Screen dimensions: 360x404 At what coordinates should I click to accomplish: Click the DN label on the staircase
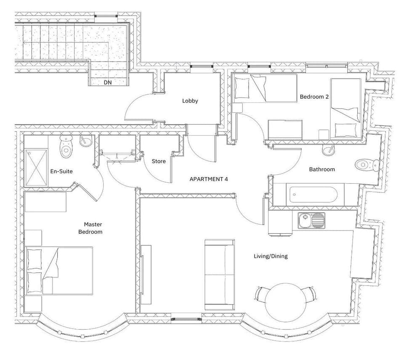tap(108, 82)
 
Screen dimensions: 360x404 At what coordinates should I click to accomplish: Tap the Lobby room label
tap(190, 101)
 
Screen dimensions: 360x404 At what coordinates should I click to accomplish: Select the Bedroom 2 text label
tap(314, 97)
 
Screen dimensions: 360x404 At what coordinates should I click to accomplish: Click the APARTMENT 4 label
tap(209, 179)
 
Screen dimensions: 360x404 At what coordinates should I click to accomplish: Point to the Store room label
tap(159, 161)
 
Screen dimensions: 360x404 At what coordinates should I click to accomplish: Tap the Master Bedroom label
tap(93, 228)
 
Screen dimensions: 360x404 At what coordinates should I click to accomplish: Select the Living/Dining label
tap(271, 256)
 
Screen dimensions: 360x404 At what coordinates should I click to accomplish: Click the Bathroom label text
tap(322, 169)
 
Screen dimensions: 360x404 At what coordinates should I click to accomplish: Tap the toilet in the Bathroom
tap(366, 164)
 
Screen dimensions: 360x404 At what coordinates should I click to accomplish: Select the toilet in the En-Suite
tap(66, 146)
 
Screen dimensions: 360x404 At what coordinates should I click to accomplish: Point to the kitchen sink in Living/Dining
tap(311, 220)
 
